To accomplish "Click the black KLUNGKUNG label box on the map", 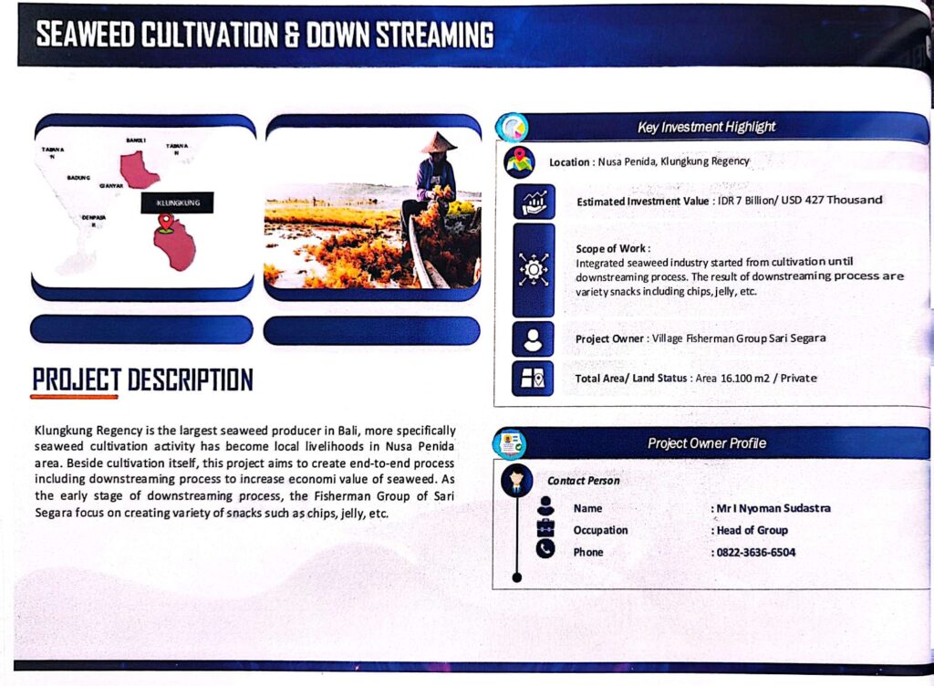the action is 177,203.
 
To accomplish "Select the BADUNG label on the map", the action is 78,178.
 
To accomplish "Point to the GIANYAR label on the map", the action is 111,186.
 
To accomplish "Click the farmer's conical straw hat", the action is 439,142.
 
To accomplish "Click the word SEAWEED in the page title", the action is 85,35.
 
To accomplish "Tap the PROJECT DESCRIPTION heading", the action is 143,379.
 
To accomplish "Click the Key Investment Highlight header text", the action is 707,127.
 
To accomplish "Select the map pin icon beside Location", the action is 519,162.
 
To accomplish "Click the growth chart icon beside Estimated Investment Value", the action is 534,202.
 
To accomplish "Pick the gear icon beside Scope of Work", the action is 533,270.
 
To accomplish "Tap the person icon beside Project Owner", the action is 533,338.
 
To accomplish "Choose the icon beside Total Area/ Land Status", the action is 533,379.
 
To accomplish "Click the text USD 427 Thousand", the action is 832,200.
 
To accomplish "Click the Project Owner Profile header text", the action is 707,443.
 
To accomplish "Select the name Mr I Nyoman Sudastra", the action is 773,508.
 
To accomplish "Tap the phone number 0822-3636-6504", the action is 756,552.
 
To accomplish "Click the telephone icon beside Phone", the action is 545,548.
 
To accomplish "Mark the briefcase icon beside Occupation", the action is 545,527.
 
